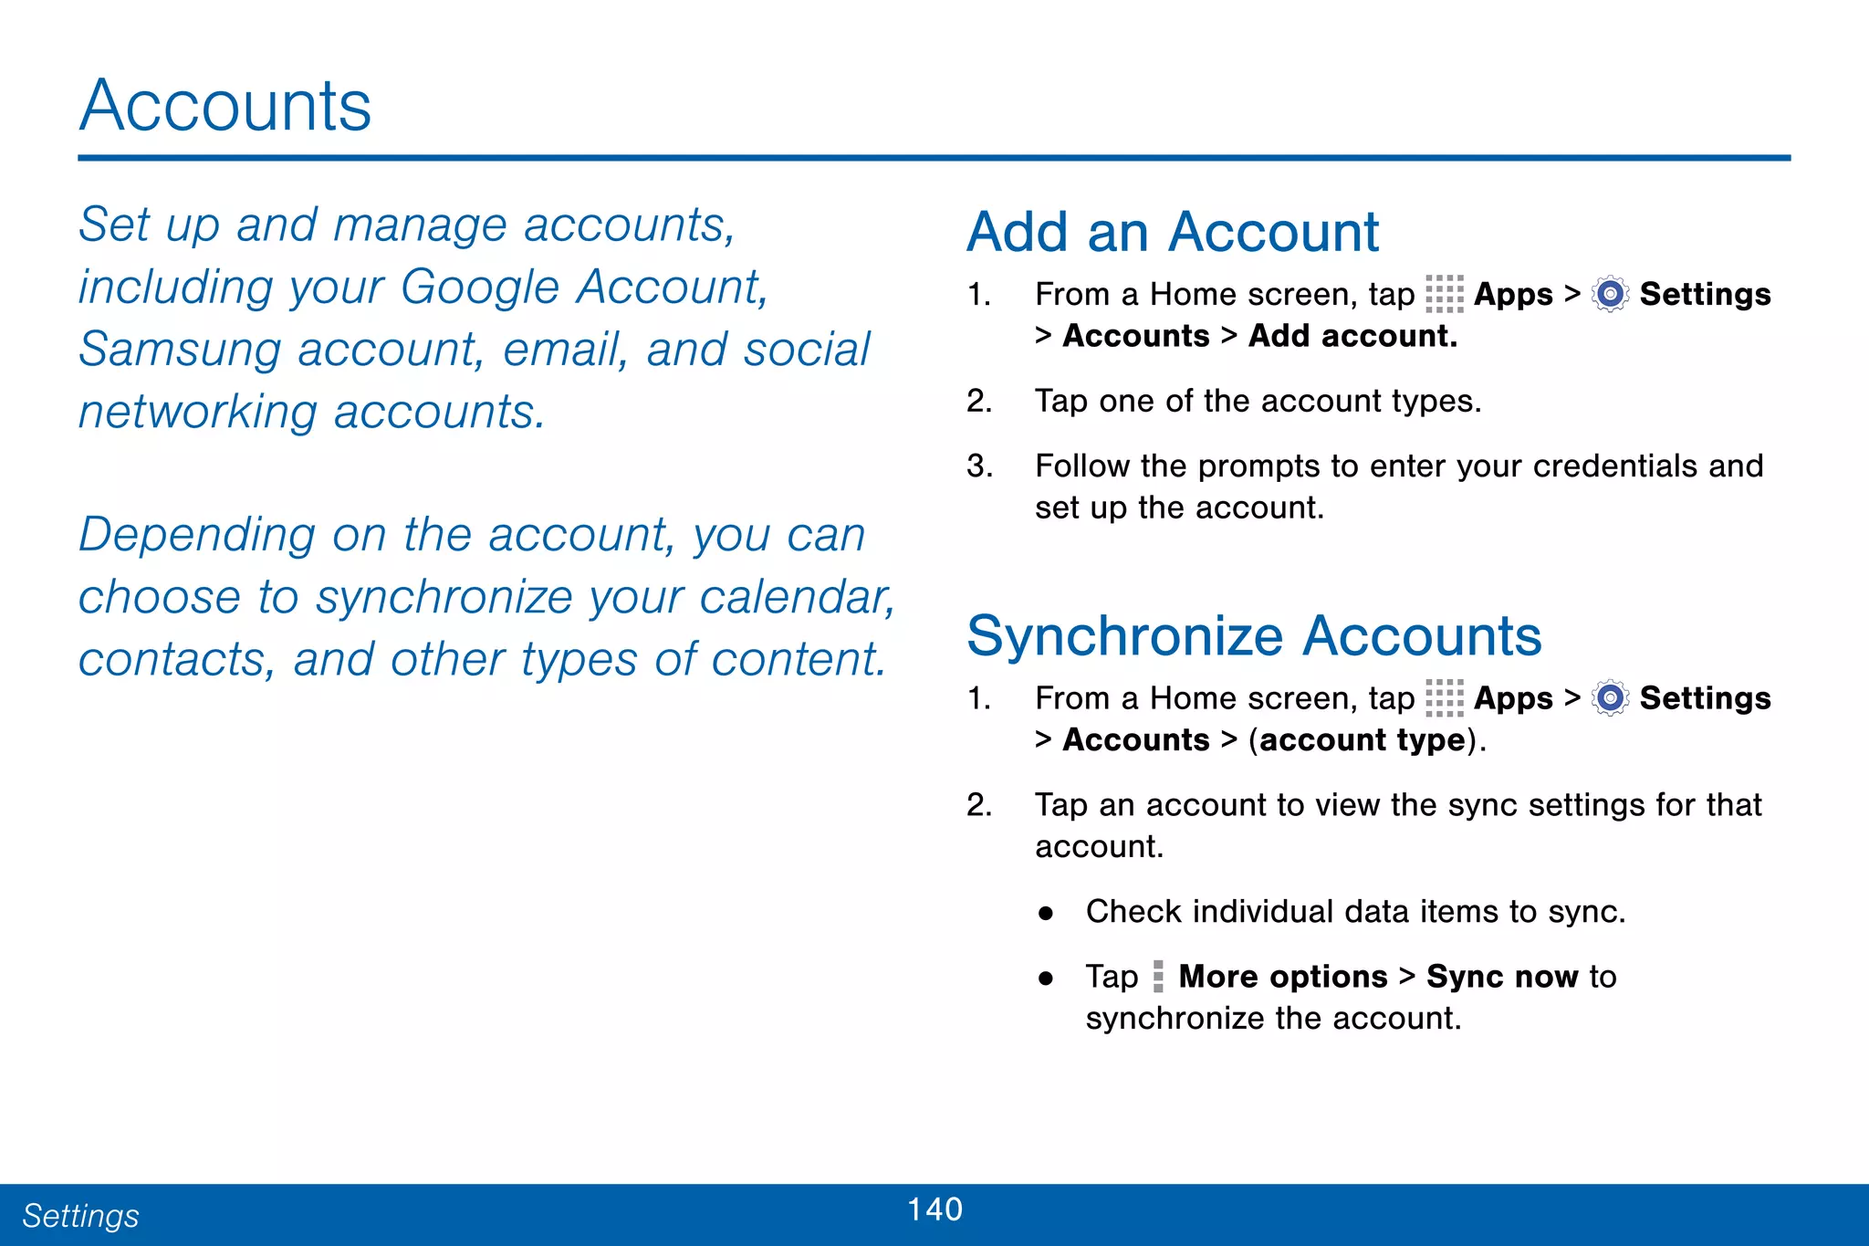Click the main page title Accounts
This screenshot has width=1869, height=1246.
point(225,106)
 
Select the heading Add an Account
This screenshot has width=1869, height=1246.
point(1173,232)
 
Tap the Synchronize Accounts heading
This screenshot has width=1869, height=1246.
point(1254,635)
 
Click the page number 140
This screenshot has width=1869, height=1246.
point(934,1209)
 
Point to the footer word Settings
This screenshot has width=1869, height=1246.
point(80,1216)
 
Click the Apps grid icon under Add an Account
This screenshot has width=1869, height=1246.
point(1444,294)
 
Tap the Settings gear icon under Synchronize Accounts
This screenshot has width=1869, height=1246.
point(1610,698)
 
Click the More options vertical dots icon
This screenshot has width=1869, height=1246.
point(1158,977)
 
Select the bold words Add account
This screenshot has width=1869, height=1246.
point(1352,336)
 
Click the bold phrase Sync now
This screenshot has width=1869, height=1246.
point(1502,977)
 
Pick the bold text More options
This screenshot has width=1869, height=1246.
point(1282,977)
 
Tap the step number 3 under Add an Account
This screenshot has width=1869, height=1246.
point(978,466)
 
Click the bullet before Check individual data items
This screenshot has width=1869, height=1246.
point(1046,912)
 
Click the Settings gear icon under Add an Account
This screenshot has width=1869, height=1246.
point(1610,294)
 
